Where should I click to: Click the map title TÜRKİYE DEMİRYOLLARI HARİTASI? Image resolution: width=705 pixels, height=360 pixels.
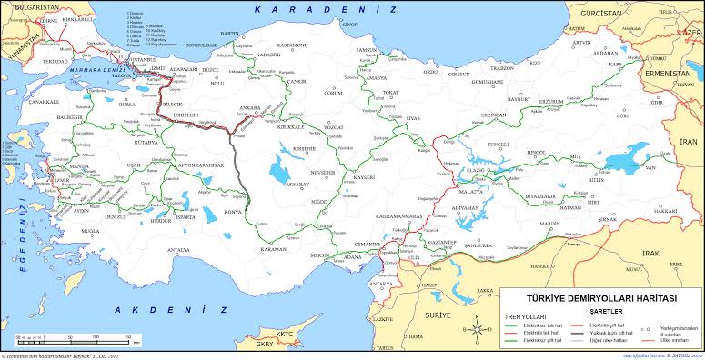click(x=600, y=298)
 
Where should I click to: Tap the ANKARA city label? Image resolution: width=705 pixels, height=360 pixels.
click(x=250, y=107)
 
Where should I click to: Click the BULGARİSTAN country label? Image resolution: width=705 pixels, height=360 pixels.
click(x=32, y=5)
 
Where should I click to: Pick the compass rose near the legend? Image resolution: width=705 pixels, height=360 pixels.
click(x=478, y=322)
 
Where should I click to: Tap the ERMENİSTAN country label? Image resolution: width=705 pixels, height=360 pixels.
click(x=663, y=72)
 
